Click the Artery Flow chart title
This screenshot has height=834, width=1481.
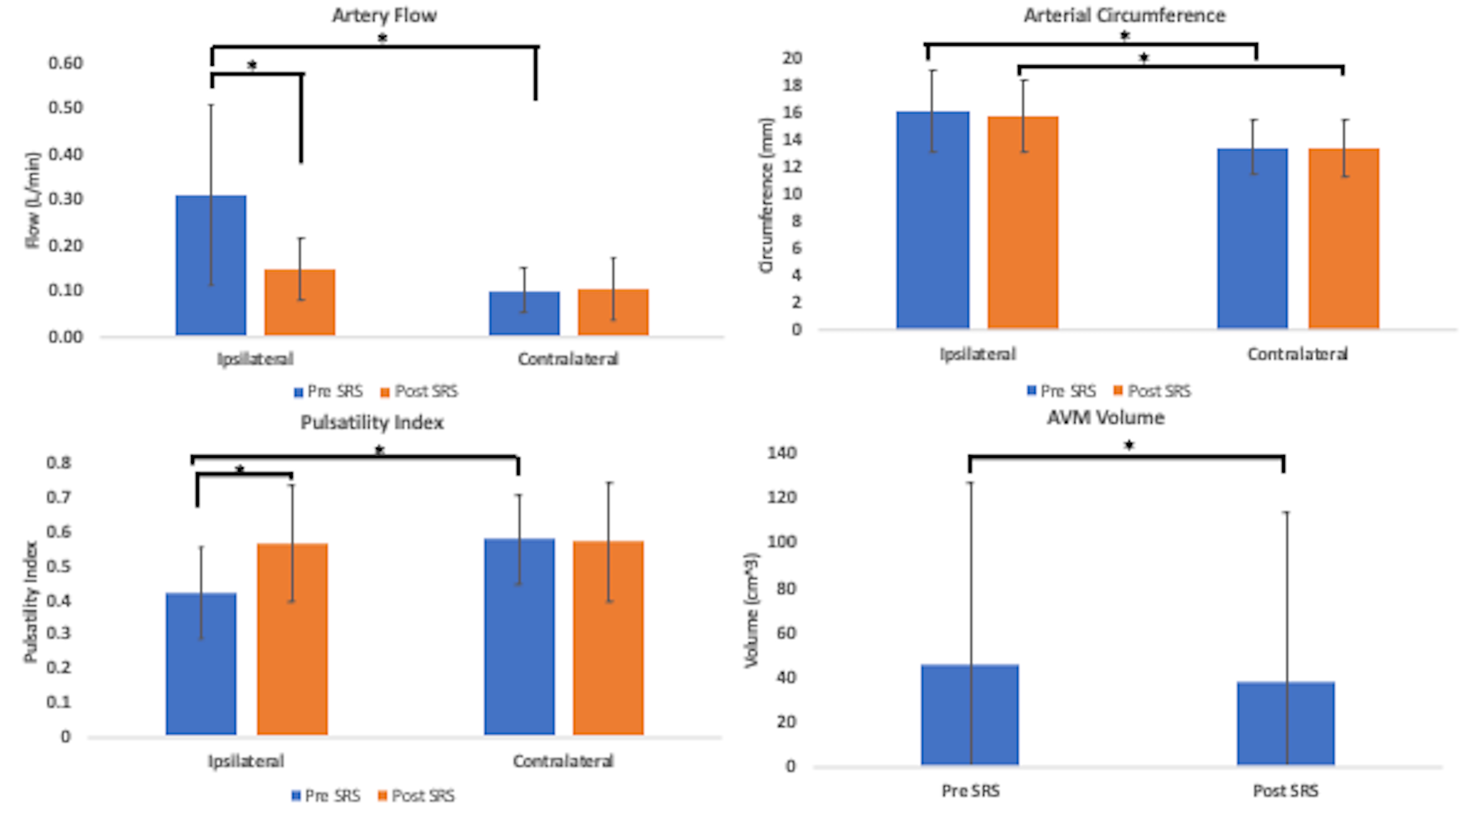click(384, 15)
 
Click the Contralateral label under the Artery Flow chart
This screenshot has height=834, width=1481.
click(568, 359)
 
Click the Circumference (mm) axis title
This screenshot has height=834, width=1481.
click(766, 195)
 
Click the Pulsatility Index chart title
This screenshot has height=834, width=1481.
click(372, 423)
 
